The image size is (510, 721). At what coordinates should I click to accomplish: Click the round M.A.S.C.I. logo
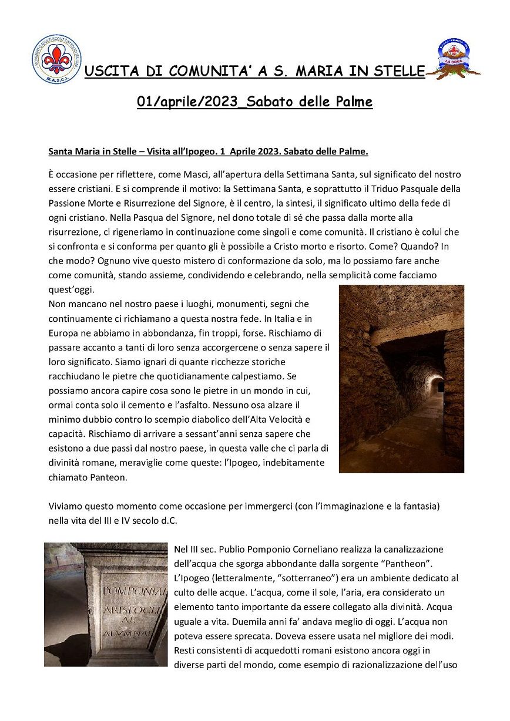click(56, 58)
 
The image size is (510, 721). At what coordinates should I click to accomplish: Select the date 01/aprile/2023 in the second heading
click(189, 102)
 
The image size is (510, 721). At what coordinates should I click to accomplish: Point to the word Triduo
click(367, 189)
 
